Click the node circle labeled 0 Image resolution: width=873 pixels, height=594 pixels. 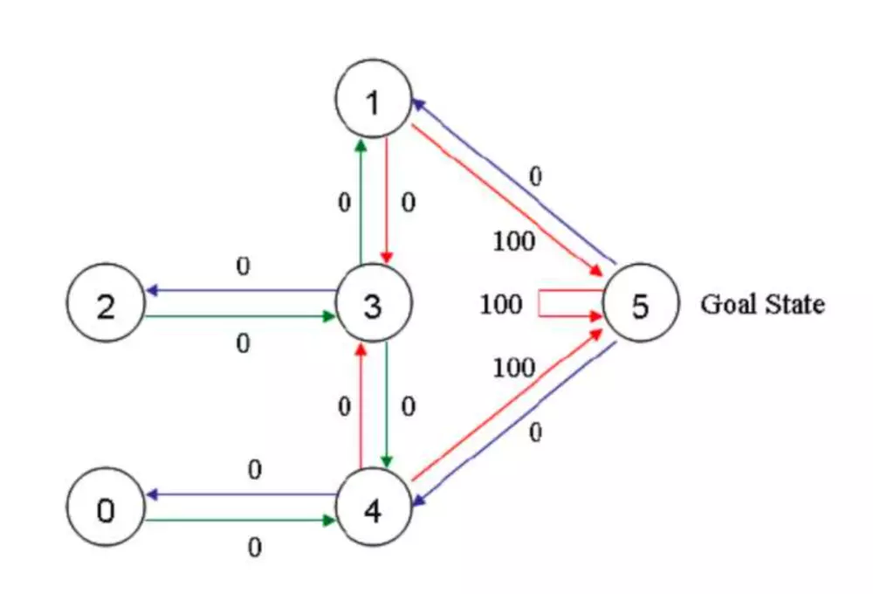[105, 508]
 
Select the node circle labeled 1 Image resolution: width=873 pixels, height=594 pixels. [373, 101]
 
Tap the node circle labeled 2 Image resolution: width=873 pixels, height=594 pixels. [105, 305]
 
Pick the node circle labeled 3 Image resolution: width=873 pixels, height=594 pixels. [373, 305]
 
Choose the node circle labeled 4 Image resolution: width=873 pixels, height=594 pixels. [373, 509]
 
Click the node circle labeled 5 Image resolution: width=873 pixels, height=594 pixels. [640, 305]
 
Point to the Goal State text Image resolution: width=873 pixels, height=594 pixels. [762, 305]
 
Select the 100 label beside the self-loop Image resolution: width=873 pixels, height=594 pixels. [501, 305]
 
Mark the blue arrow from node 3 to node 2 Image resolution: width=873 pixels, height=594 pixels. [240, 291]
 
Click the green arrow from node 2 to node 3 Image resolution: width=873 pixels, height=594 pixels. [240, 317]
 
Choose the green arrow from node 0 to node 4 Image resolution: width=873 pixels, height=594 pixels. [240, 521]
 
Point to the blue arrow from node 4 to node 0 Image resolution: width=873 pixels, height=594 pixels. [240, 494]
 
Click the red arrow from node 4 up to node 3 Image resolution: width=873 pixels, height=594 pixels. [360, 406]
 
